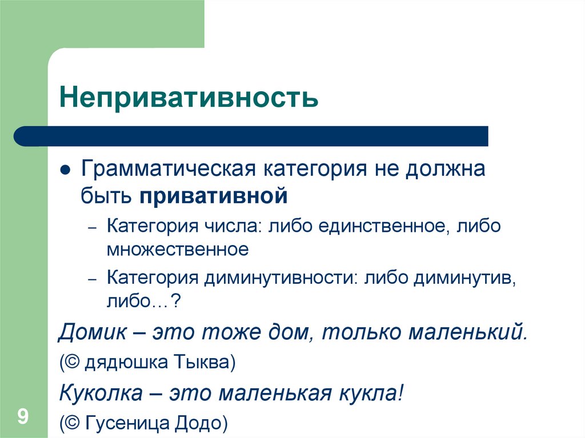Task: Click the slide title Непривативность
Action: (188, 98)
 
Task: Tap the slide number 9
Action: (23, 416)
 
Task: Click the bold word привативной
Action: (213, 196)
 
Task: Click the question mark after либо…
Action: (177, 301)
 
